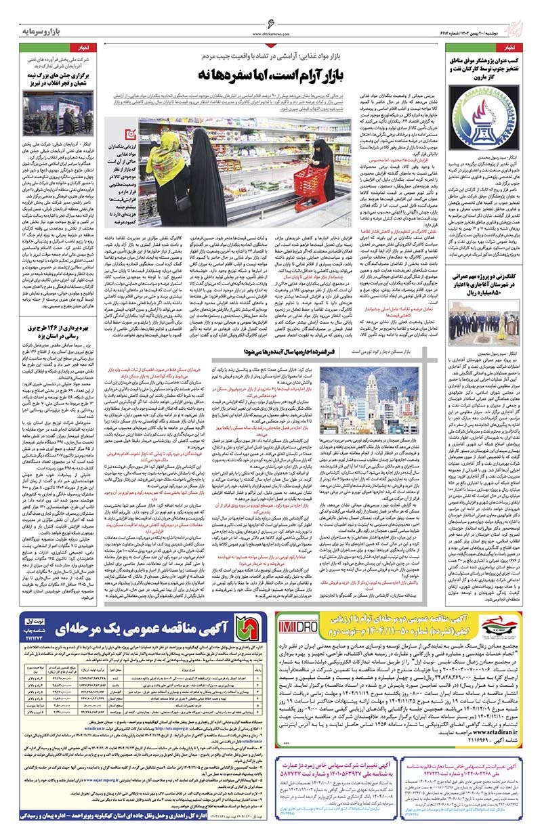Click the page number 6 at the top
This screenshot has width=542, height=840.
tap(272, 22)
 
